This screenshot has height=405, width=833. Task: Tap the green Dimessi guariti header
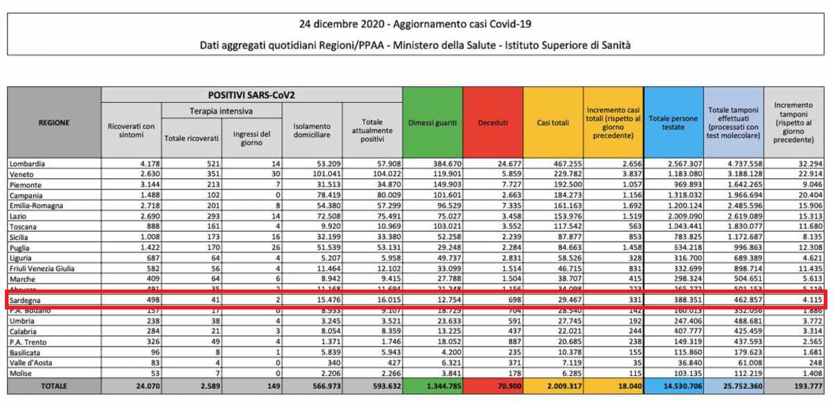pyautogui.click(x=432, y=123)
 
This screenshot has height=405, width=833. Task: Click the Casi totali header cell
pyautogui.click(x=553, y=123)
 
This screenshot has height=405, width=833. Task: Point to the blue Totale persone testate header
pyautogui.click(x=673, y=123)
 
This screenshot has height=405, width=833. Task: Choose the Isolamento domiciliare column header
pyautogui.click(x=312, y=130)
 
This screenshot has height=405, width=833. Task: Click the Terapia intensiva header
pyautogui.click(x=221, y=111)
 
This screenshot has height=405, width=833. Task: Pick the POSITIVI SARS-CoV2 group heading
pyautogui.click(x=251, y=94)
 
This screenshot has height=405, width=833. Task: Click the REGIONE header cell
pyautogui.click(x=54, y=123)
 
